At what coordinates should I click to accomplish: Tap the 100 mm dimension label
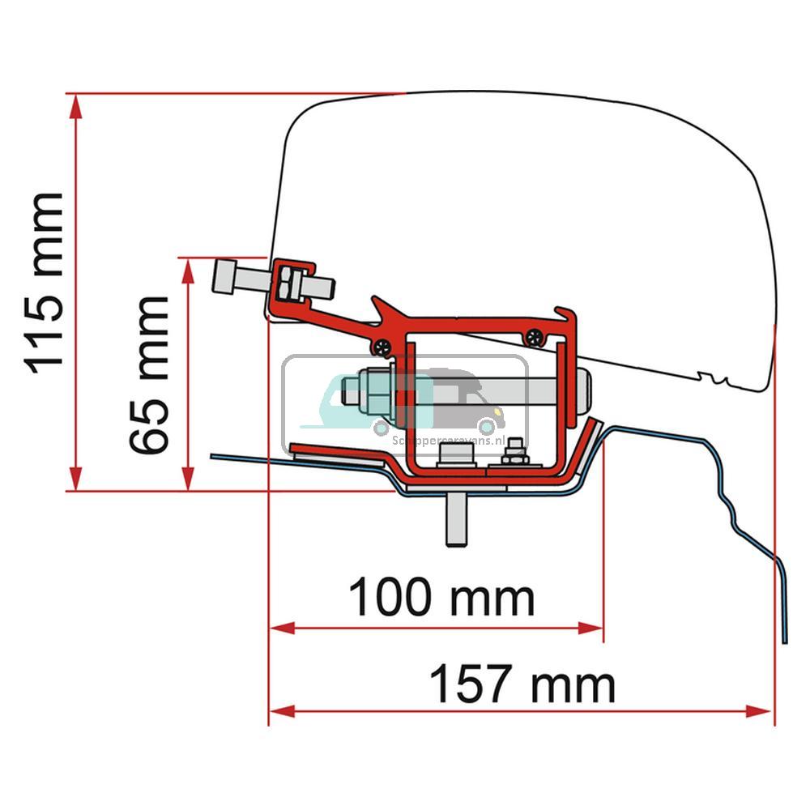tap(441, 599)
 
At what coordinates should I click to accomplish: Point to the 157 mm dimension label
tap(522, 684)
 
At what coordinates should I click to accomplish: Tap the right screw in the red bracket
tap(533, 339)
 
